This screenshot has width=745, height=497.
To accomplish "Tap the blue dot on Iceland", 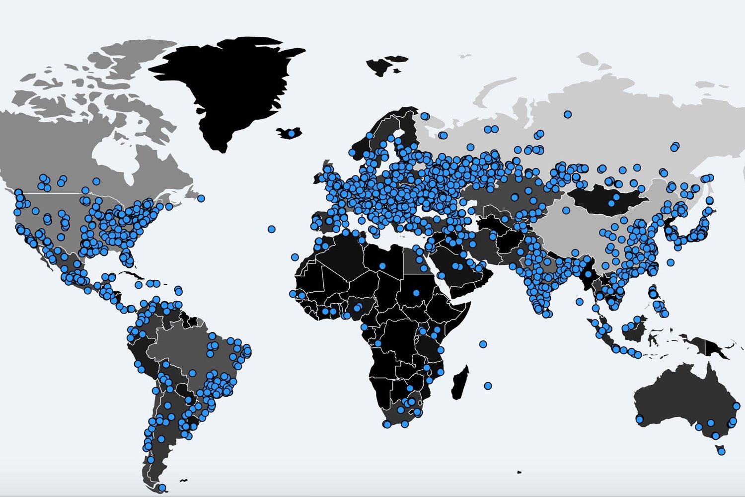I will coord(292,133).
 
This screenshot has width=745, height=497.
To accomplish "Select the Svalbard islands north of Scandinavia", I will coord(385,65).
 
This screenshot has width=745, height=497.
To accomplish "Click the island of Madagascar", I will coord(460,383).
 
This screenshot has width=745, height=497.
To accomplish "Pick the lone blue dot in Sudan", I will coord(416,292).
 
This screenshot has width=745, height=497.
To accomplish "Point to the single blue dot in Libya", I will coord(382,266).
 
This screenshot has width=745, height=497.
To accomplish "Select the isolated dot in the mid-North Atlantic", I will coord(271,229).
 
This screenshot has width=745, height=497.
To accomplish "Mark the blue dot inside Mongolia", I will coord(616,197).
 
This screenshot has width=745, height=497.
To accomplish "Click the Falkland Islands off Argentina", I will coord(184,480).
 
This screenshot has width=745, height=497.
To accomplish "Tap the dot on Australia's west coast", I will coord(639,420).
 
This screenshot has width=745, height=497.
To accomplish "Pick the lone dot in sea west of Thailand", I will coord(579,302).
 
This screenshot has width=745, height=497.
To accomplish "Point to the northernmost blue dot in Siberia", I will coord(568,115).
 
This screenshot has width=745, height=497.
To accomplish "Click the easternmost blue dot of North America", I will coord(201,198).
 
